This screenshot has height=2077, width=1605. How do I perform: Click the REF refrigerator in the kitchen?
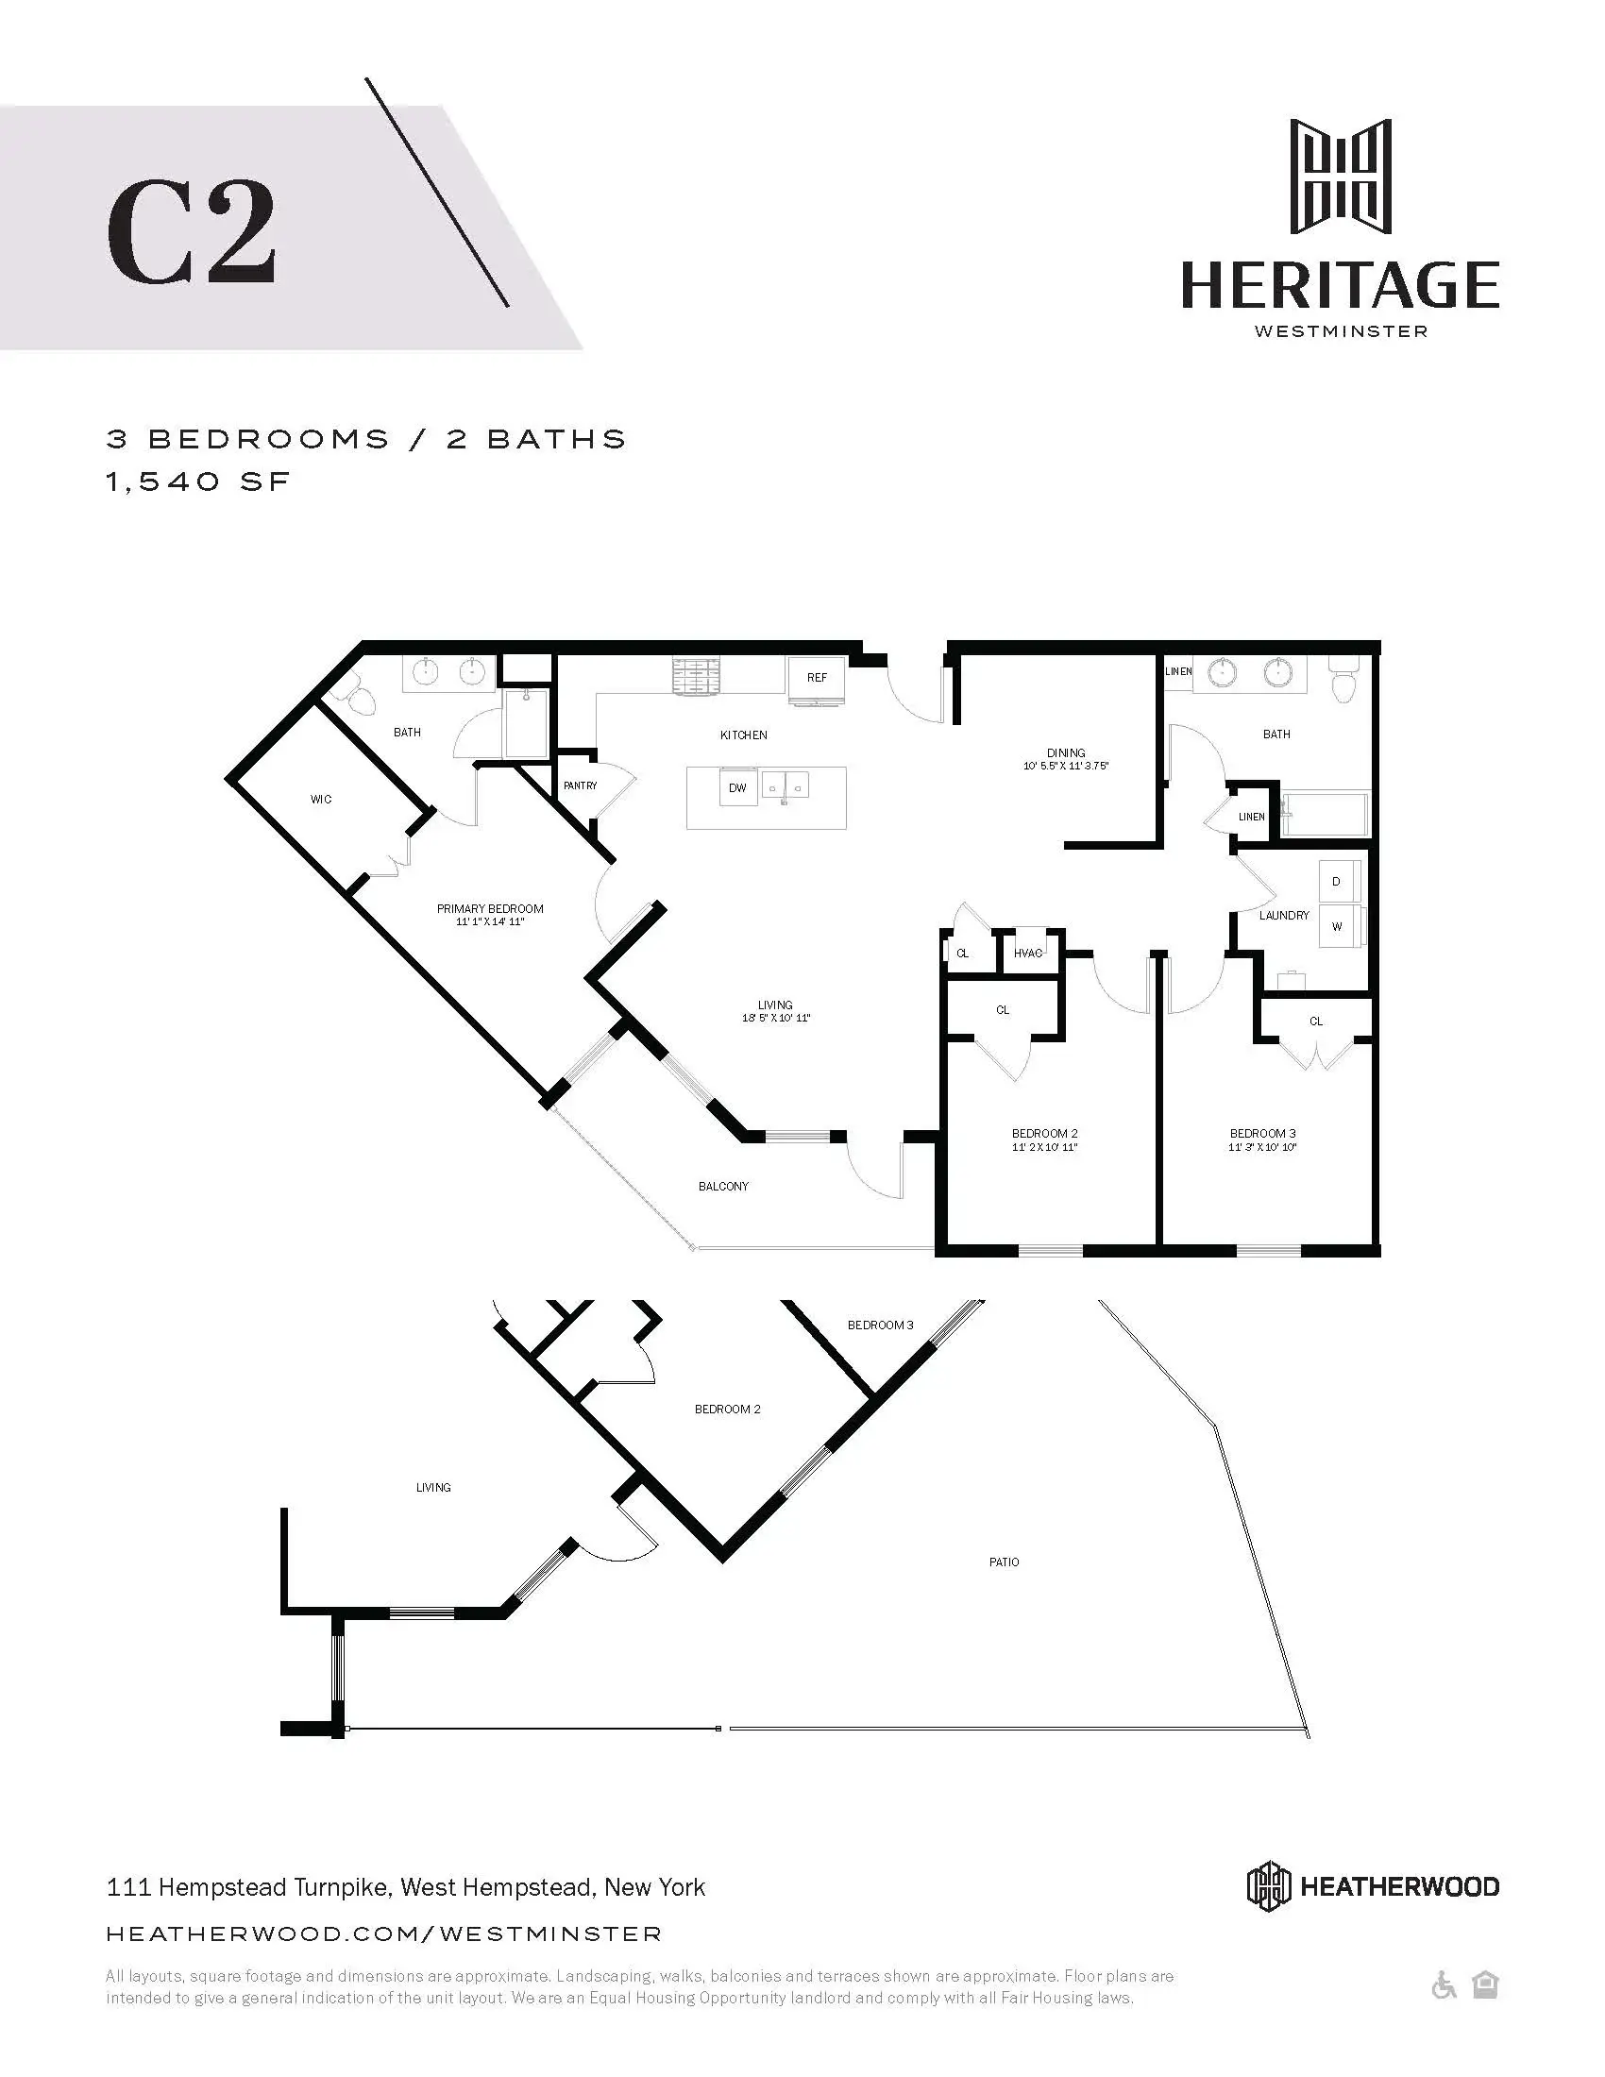817,679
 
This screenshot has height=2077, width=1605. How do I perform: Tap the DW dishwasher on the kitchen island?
738,788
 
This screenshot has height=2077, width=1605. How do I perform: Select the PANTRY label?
580,785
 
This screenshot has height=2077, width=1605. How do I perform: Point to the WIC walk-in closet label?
321,800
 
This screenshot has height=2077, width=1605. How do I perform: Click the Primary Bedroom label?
490,909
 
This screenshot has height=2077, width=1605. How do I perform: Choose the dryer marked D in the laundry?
1336,882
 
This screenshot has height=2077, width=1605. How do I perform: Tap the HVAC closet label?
1028,953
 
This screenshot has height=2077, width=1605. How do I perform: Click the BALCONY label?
723,1187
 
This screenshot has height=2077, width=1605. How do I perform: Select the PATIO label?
1005,1562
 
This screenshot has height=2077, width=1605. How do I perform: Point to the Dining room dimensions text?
1066,766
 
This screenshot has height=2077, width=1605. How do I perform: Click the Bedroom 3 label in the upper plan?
1262,1134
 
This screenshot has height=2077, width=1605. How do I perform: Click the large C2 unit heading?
191,233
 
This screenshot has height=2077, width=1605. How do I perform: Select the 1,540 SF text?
197,482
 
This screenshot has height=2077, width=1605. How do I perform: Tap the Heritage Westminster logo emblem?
1340,177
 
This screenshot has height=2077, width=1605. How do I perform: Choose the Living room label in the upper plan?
775,1005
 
